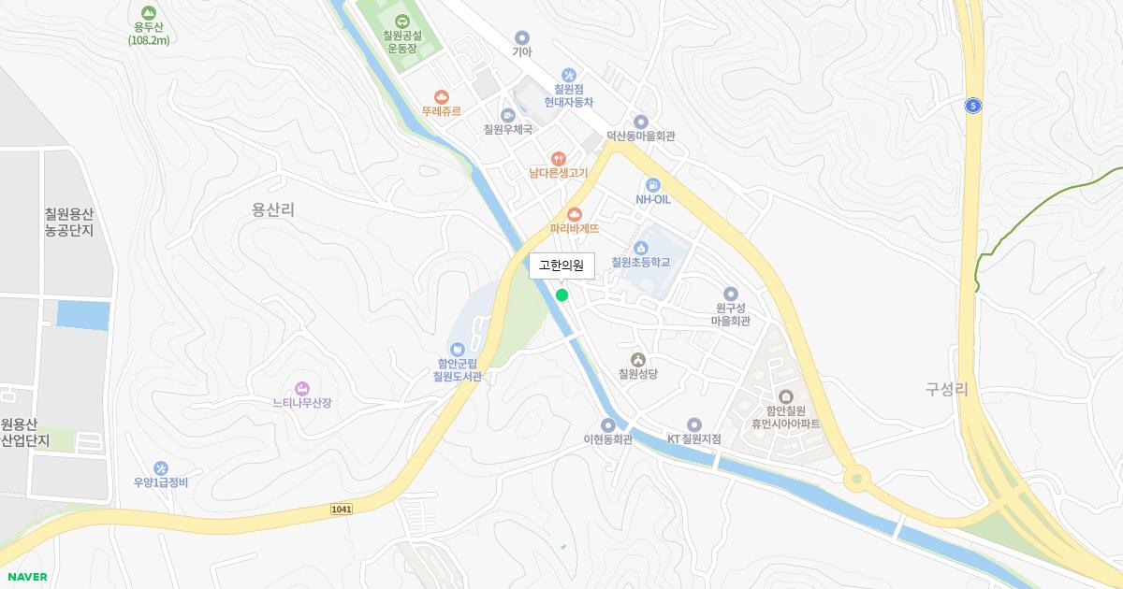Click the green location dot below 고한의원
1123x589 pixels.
click(x=561, y=295)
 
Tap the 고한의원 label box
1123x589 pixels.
click(x=561, y=266)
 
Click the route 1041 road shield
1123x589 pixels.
click(x=342, y=508)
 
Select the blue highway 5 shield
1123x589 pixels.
click(x=973, y=107)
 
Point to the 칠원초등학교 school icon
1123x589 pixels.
click(x=641, y=247)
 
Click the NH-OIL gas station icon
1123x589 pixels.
click(x=653, y=184)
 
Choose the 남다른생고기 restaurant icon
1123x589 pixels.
click(x=558, y=158)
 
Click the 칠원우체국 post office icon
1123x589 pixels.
click(x=508, y=115)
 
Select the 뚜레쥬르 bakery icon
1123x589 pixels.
click(x=442, y=96)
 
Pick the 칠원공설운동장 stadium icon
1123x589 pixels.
click(x=401, y=22)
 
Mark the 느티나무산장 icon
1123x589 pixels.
click(x=301, y=388)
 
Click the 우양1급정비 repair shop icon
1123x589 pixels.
click(x=161, y=467)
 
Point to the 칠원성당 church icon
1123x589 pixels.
click(x=638, y=359)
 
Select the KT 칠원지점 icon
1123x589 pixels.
click(x=693, y=424)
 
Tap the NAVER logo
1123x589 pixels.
click(x=25, y=577)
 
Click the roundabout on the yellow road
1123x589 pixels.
click(x=854, y=480)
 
